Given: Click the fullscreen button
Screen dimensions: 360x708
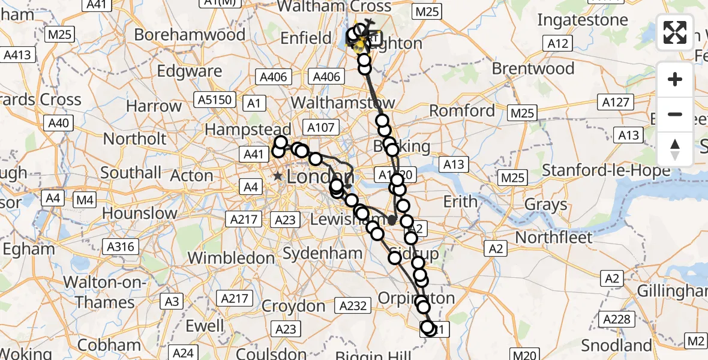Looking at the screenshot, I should tap(675, 32).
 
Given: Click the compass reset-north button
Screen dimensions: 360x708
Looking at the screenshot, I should tap(675, 149).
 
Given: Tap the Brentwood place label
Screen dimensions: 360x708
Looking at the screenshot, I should tap(533, 68).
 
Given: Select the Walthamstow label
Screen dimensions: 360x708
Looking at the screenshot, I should tap(343, 101).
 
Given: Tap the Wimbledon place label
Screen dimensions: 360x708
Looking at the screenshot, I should tap(231, 258).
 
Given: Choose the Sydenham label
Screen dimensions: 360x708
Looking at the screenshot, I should tap(322, 253).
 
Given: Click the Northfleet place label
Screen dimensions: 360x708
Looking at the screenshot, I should tap(554, 237).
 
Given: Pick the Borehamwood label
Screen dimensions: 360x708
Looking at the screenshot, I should tap(190, 34).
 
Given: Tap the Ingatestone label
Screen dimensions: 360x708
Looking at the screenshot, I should tap(583, 20).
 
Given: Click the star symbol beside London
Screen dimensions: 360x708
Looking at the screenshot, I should tap(278, 176).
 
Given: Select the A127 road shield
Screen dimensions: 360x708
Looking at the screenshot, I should tap(616, 102).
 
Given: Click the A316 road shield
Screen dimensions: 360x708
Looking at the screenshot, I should tap(121, 246).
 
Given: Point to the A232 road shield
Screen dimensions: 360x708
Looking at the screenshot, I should tap(353, 305).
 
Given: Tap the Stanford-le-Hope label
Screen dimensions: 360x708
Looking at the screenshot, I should tap(606, 170).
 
